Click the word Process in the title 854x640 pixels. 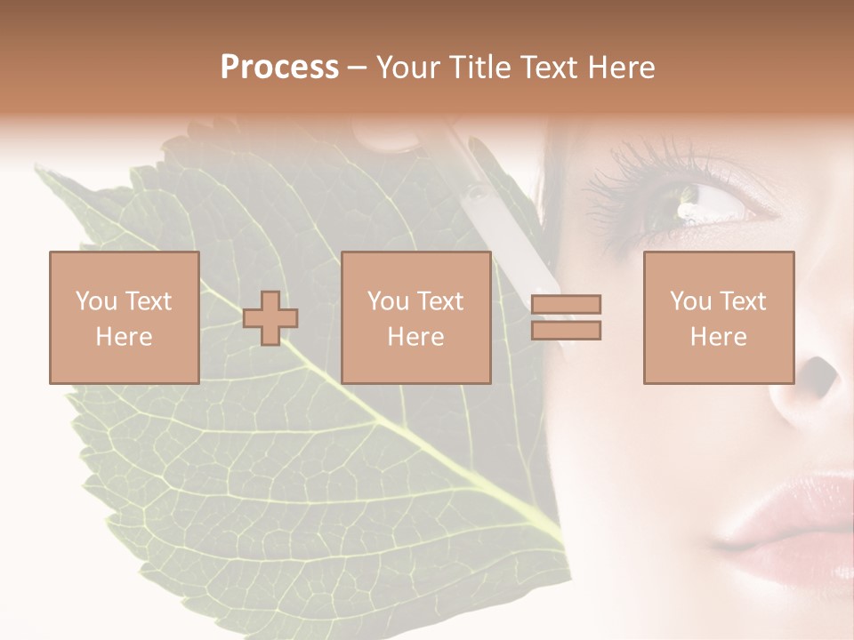pyautogui.click(x=279, y=68)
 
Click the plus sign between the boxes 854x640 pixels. pyautogui.click(x=270, y=317)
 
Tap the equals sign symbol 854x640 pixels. pyautogui.click(x=566, y=317)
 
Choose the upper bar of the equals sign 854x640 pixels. pyautogui.click(x=566, y=304)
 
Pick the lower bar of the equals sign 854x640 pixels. pyautogui.click(x=566, y=330)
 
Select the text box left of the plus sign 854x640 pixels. pyautogui.click(x=124, y=317)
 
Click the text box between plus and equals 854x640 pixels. pyautogui.click(x=415, y=317)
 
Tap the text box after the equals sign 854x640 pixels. pyautogui.click(x=718, y=317)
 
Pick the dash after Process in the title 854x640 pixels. pyautogui.click(x=357, y=68)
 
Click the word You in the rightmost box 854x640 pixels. pyautogui.click(x=689, y=301)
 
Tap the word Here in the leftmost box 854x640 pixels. pyautogui.click(x=124, y=337)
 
